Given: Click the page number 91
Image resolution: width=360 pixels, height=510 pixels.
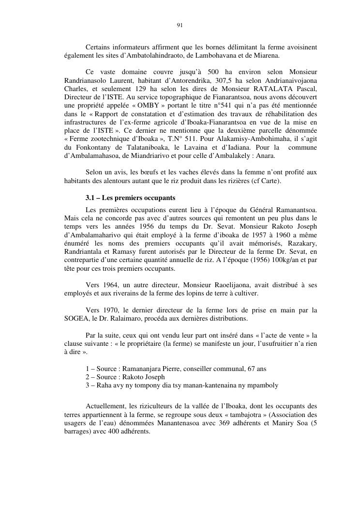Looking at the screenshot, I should point(180,25).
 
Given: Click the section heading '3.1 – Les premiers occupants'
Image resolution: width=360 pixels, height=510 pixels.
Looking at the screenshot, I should point(130,198).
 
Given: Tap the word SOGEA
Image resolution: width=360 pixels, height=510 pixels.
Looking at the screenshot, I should point(78,318).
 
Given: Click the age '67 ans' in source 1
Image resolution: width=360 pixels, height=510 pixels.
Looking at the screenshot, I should point(257,369).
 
